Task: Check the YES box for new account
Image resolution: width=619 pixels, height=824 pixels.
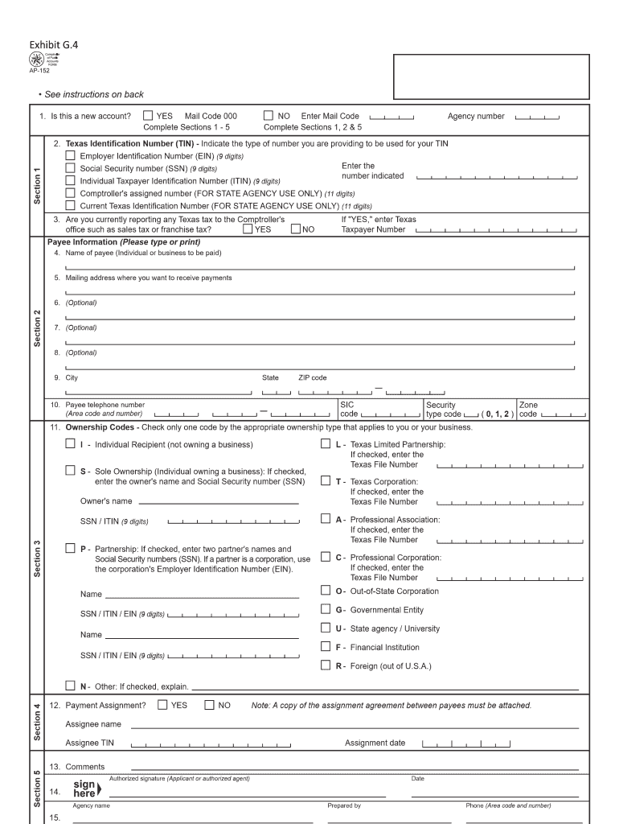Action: [148, 116]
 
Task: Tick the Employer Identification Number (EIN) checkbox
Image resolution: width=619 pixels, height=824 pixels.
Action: [71, 155]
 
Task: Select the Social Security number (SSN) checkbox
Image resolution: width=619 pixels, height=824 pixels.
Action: [71, 168]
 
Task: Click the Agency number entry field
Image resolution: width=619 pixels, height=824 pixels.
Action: [539, 117]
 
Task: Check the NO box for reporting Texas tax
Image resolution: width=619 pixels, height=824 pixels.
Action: [295, 229]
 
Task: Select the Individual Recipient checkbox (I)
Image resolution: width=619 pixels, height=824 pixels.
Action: [71, 443]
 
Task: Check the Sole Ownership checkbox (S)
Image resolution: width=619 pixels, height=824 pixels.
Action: [71, 471]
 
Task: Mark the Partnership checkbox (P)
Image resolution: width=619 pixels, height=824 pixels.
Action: [71, 549]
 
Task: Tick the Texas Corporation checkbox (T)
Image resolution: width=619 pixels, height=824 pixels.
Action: [326, 481]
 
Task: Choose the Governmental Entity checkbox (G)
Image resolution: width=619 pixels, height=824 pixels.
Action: [326, 609]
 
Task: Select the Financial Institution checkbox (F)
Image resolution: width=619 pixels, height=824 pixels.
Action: [326, 646]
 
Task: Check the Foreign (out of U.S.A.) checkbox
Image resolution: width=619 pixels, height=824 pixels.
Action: [326, 665]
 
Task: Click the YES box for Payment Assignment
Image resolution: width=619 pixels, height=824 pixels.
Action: [162, 705]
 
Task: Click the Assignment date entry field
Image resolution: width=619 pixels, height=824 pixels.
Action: [465, 744]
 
